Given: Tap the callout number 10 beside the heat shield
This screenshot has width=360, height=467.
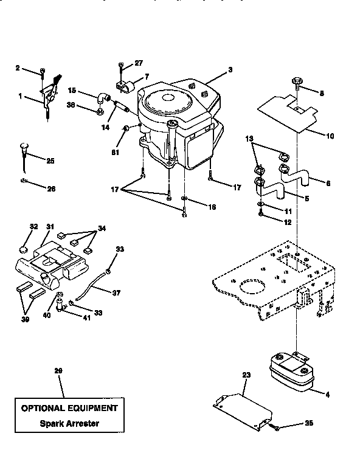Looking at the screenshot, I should pos(330,136).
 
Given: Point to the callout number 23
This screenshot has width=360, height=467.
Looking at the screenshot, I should pos(246,375).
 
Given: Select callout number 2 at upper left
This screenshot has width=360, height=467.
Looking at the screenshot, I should pos(17,68).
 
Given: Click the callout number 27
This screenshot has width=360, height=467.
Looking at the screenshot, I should pos(139,62).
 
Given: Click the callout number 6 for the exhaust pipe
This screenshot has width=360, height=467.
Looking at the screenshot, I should pos(328,182).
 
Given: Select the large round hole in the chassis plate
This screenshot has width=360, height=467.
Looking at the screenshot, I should pos(252,288).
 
